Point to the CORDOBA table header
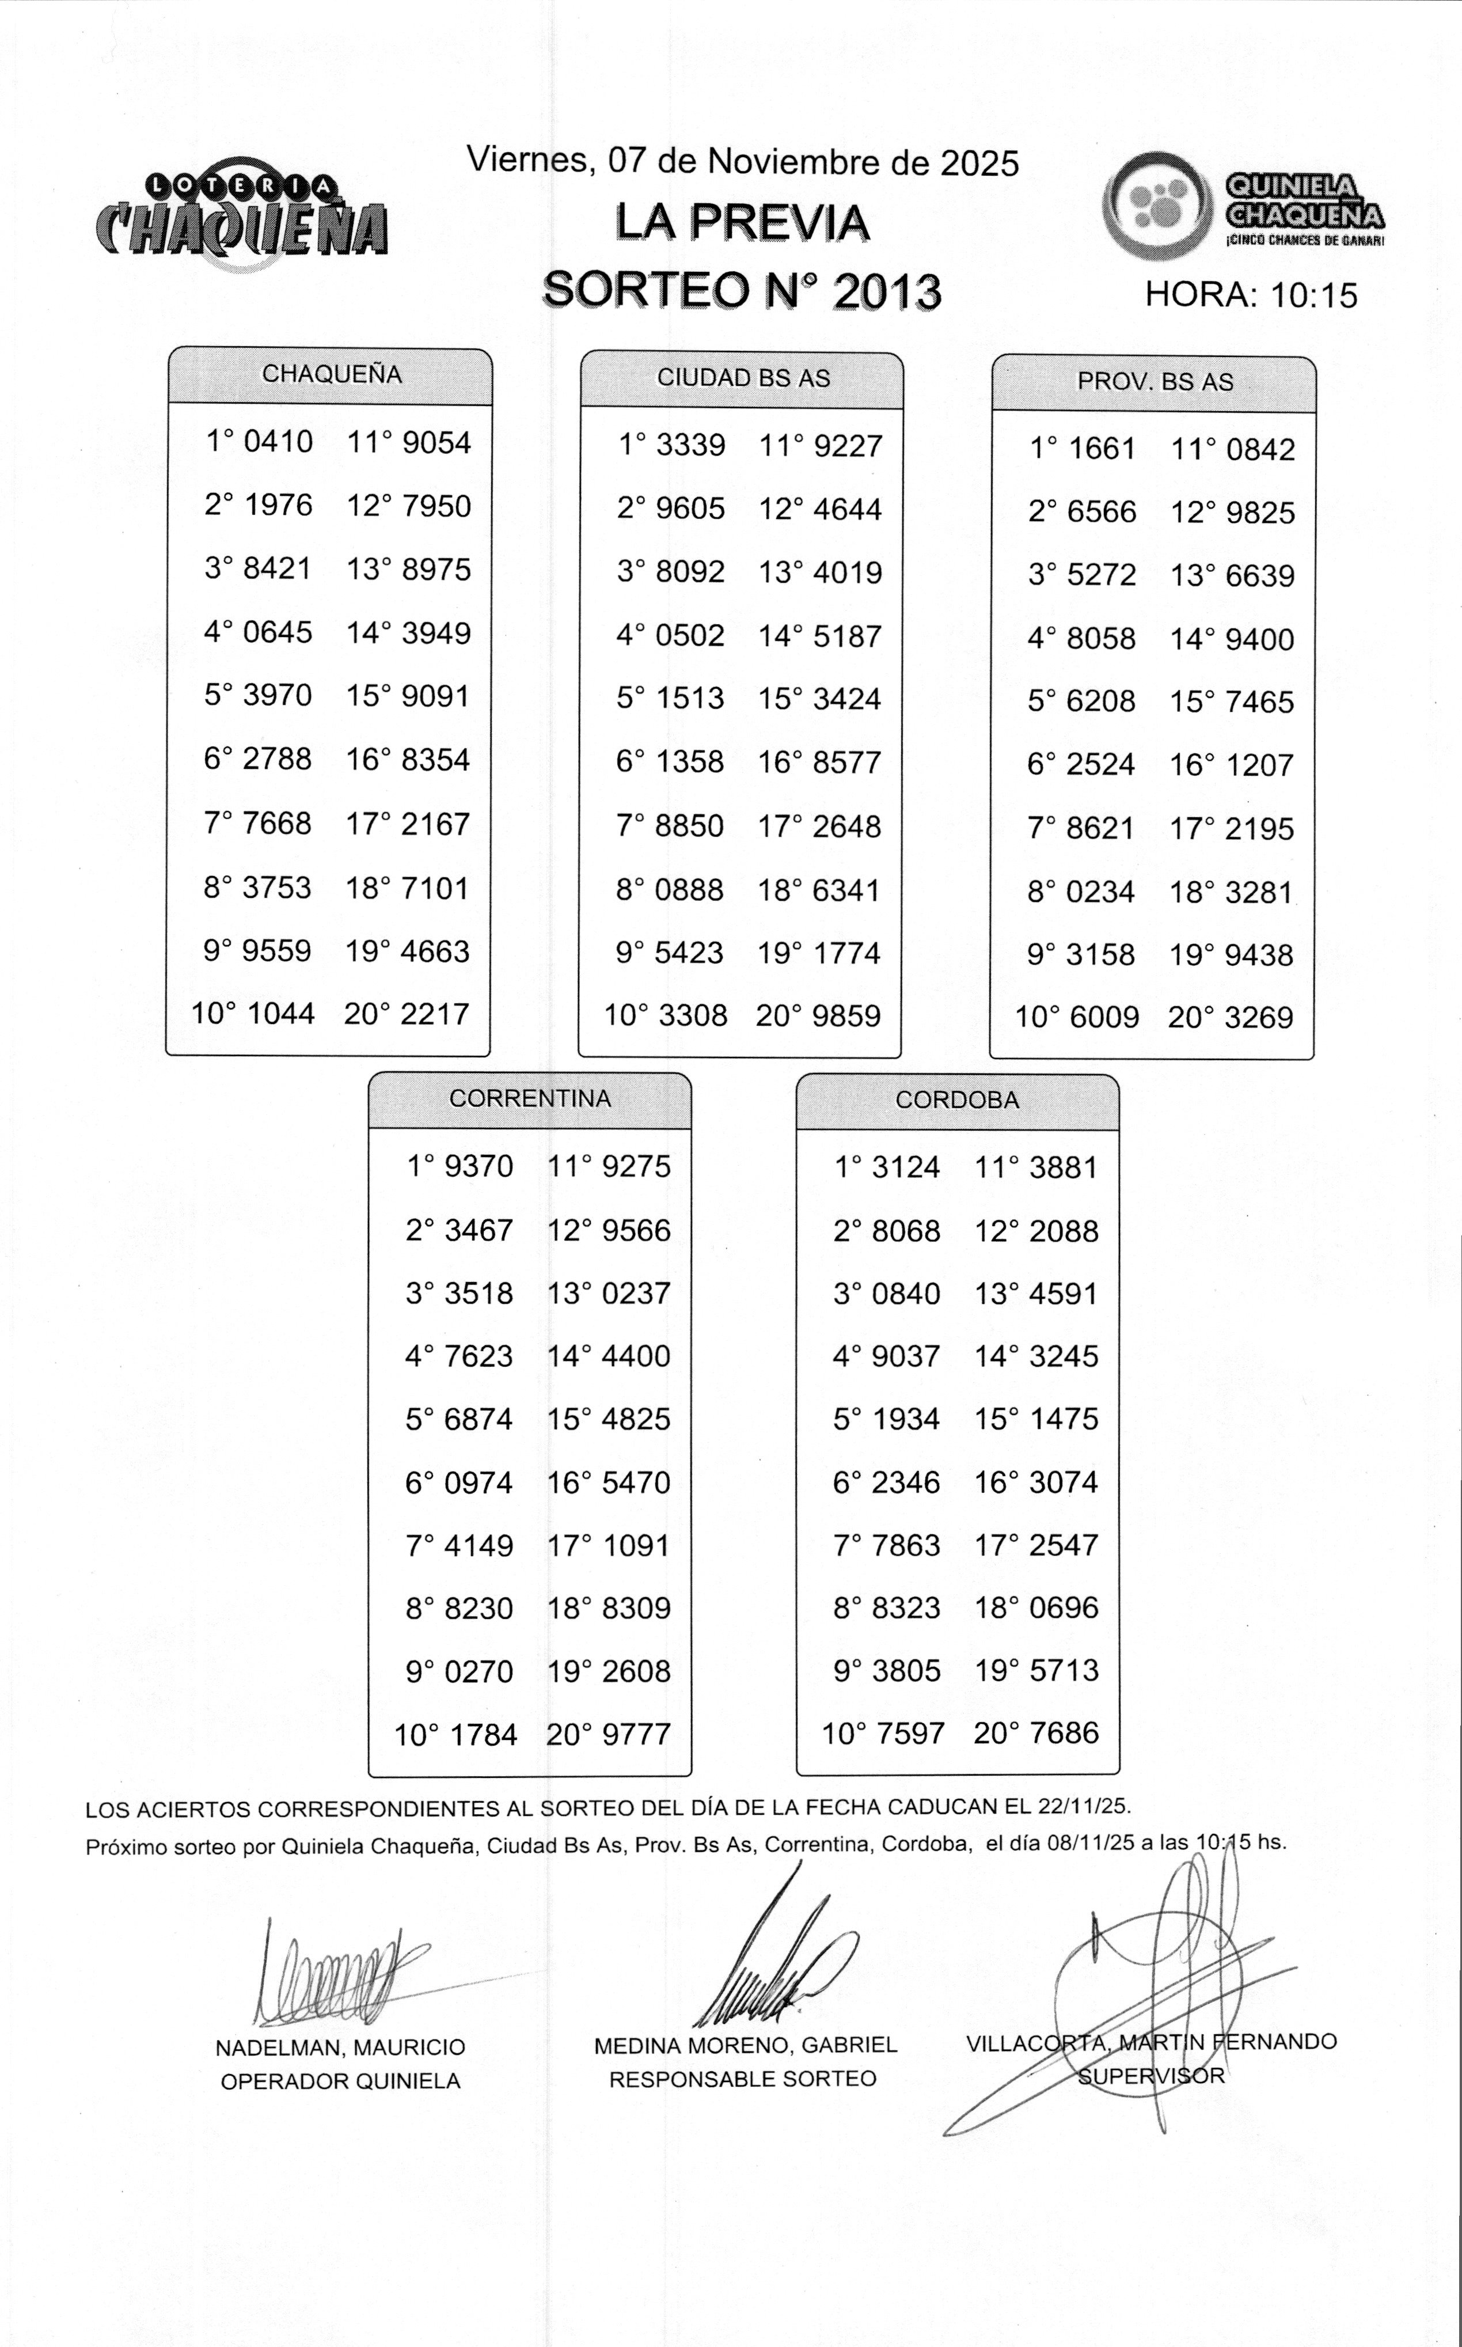tap(956, 1101)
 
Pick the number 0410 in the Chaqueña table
tap(279, 442)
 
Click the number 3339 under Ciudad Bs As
tap(690, 446)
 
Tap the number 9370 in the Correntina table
tap(479, 1166)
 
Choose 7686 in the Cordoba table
tap(1064, 1733)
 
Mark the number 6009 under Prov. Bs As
tap(1104, 1017)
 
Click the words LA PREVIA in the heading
tap(742, 223)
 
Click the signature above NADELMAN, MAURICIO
tap(329, 1973)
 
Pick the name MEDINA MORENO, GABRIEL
tap(745, 2045)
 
